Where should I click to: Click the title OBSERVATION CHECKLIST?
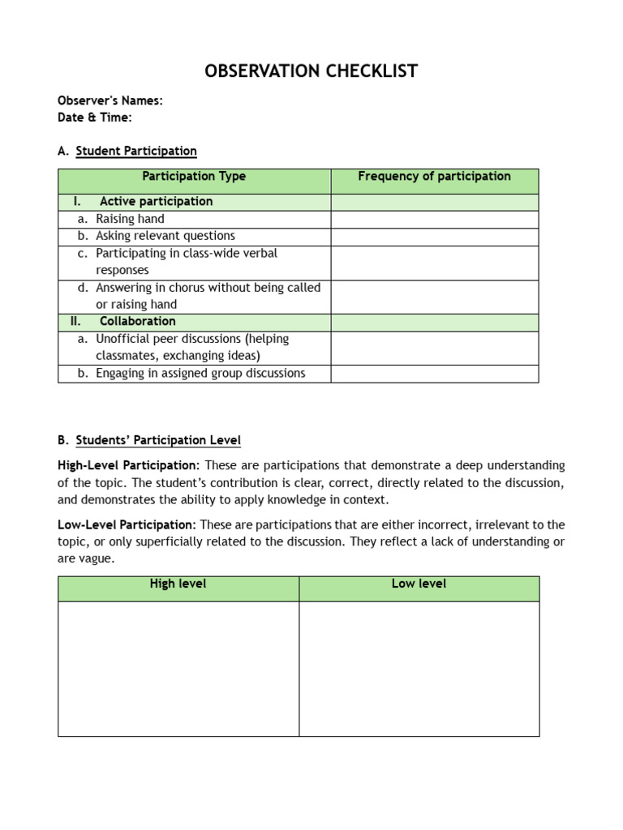click(x=311, y=71)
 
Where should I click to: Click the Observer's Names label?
click(x=110, y=101)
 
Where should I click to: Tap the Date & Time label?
click(x=95, y=118)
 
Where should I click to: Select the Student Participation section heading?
click(x=136, y=151)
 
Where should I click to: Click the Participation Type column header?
click(x=194, y=176)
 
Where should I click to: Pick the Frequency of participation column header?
click(x=434, y=176)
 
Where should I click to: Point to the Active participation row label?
click(x=156, y=202)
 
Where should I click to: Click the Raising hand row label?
click(x=130, y=219)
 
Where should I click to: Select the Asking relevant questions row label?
click(x=165, y=236)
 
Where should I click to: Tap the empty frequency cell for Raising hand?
click(x=434, y=219)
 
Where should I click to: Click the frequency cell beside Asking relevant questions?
click(x=434, y=236)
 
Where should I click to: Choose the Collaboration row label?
click(x=137, y=322)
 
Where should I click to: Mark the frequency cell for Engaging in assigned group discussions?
click(x=434, y=374)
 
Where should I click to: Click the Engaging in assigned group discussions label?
click(x=200, y=374)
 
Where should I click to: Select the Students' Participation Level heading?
click(x=158, y=440)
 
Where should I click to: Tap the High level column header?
click(x=178, y=584)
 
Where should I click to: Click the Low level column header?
click(x=419, y=584)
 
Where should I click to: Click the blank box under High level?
click(x=178, y=668)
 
